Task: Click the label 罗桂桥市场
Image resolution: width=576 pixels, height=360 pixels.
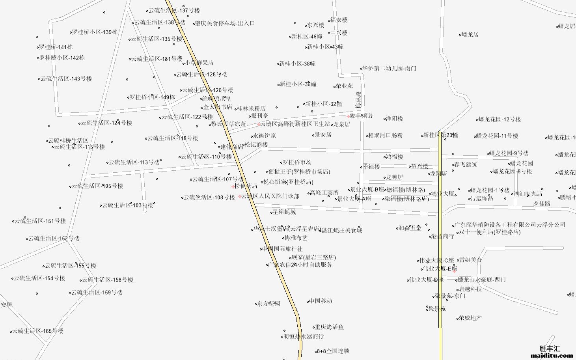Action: [297, 162]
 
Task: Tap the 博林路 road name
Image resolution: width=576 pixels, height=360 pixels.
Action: [358, 100]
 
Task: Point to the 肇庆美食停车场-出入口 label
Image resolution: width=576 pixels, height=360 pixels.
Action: [225, 23]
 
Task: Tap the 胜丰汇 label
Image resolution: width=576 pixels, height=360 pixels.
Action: [550, 349]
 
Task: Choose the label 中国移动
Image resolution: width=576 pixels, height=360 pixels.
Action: [321, 301]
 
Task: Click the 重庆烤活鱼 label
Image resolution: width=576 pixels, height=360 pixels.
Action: [329, 327]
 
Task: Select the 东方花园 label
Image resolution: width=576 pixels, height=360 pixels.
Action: [268, 304]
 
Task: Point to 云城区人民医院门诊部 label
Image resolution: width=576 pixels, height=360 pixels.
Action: [270, 196]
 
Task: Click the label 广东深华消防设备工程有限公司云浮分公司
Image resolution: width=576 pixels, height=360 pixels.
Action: [510, 225]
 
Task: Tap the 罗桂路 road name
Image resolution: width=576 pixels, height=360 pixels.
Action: [542, 203]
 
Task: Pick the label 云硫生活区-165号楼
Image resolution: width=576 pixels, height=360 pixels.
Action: [38, 331]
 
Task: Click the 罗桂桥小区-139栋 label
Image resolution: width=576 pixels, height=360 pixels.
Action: [95, 32]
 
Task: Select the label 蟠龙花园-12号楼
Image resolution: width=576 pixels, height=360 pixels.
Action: [500, 119]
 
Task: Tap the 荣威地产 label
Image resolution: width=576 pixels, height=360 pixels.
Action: [470, 317]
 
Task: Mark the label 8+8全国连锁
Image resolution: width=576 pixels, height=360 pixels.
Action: [333, 351]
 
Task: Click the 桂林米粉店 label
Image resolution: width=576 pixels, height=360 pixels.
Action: [251, 108]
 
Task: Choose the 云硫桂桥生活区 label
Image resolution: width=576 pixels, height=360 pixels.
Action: [68, 140]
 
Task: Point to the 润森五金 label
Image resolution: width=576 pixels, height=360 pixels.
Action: [410, 228]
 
